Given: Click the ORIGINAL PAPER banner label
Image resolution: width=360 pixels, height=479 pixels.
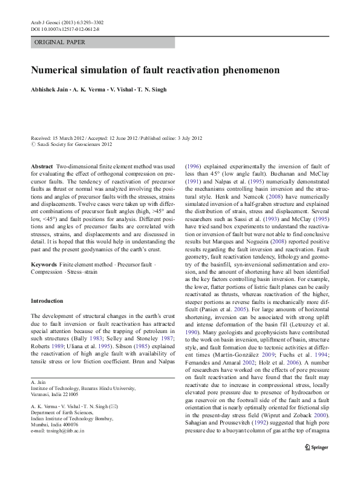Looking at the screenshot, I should tap(59, 42).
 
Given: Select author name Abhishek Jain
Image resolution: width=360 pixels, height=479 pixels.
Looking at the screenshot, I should tap(49, 89).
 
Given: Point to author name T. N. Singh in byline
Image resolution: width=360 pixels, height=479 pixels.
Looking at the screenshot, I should tap(151, 89).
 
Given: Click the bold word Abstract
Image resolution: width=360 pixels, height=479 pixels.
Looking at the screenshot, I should tap(41, 166).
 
